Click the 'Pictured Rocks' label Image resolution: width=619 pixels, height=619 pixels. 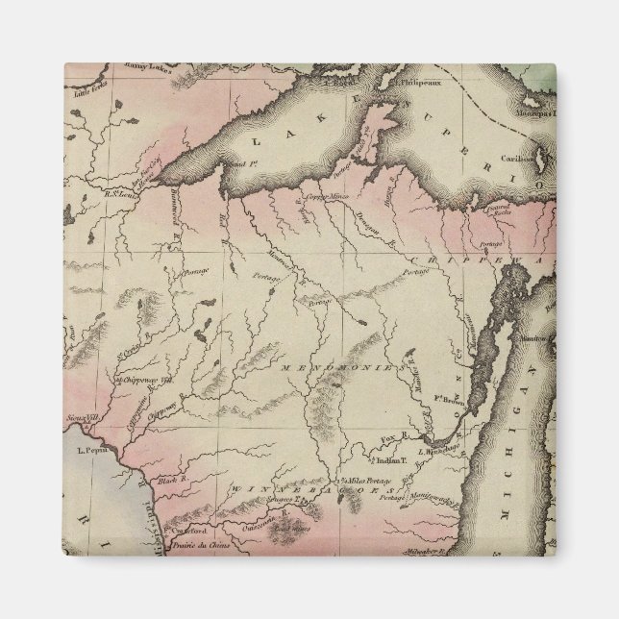(x=499, y=206)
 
